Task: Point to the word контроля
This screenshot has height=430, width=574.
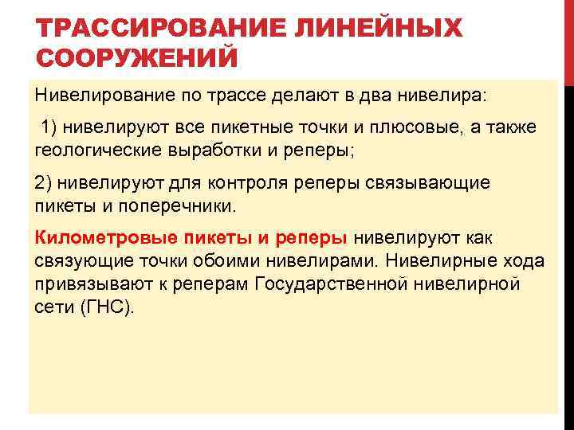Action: (246, 182)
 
